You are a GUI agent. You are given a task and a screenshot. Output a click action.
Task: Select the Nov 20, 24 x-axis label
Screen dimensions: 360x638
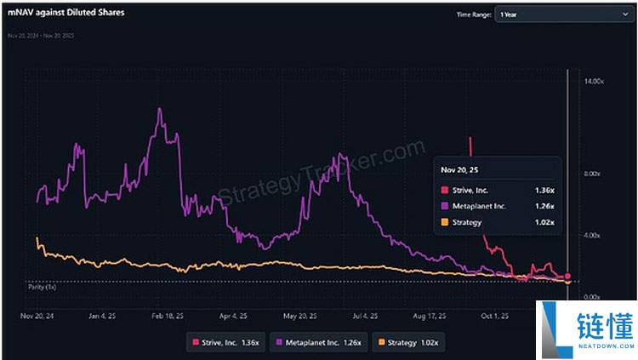38,314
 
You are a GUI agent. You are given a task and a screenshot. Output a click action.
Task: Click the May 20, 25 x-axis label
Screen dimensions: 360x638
300,314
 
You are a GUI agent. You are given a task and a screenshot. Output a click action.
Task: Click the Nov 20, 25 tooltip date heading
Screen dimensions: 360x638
459,170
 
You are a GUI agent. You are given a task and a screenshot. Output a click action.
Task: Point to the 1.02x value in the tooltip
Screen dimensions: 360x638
544,222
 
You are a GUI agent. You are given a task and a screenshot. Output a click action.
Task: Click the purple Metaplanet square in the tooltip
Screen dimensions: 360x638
444,205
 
